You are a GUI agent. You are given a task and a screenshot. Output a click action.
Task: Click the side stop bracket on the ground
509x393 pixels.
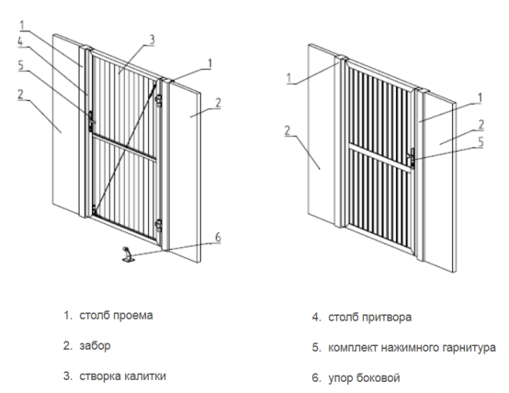[x=128, y=254]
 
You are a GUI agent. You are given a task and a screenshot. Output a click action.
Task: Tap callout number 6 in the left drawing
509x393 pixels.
[x=218, y=237]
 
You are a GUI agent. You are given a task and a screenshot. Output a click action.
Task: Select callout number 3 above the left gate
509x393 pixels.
[x=152, y=39]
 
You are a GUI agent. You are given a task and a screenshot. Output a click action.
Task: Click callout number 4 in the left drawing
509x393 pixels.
[x=20, y=41]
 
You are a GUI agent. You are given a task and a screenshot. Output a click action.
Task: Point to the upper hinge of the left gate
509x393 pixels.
[x=159, y=101]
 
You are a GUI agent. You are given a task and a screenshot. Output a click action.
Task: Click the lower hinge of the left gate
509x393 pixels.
[x=159, y=225]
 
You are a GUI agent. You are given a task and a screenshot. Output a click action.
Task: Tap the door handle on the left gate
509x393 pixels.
[x=91, y=121]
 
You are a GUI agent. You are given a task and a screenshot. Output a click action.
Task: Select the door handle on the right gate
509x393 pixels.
[x=411, y=158]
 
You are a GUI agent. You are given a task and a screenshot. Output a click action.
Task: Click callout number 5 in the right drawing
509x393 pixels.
[x=481, y=141]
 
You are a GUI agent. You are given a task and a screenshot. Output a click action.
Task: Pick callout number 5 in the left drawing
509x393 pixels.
[x=21, y=65]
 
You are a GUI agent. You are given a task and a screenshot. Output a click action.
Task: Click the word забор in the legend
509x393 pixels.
[x=95, y=346]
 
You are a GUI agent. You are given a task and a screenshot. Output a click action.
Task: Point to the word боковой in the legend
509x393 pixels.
[x=378, y=377]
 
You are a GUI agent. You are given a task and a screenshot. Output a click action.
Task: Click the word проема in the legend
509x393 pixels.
[x=132, y=316]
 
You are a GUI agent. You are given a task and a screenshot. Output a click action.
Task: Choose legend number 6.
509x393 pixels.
[x=316, y=378]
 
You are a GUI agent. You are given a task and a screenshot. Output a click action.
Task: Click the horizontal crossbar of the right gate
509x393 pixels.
[x=379, y=157]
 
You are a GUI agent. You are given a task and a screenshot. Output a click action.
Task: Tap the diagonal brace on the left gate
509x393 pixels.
[x=124, y=148]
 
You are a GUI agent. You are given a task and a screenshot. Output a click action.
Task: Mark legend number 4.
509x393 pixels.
[x=316, y=317]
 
